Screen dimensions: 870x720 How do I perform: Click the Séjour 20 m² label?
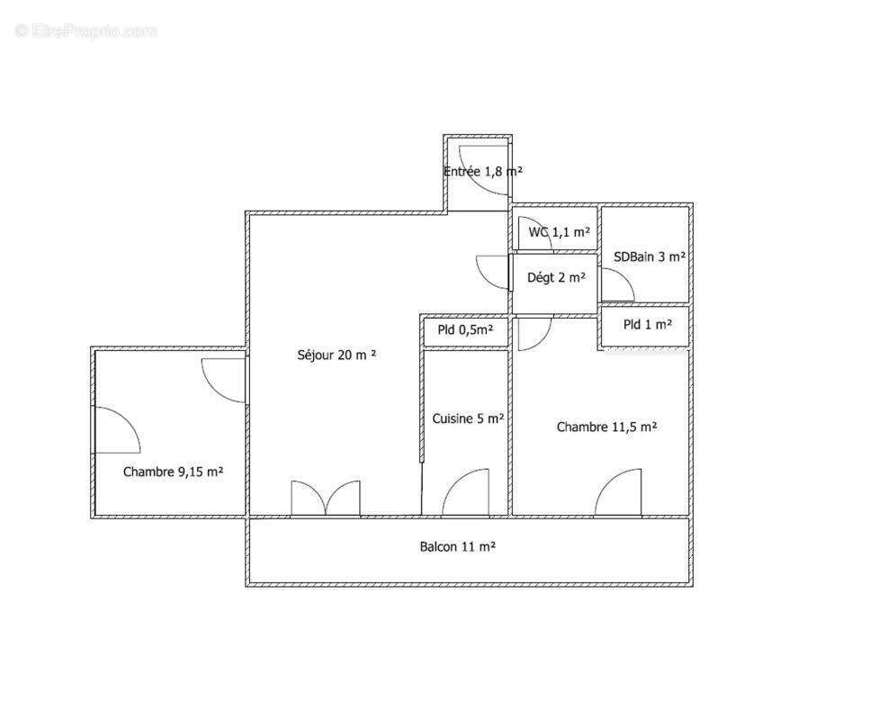tap(336, 355)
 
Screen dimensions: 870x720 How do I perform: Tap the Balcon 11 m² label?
tap(458, 547)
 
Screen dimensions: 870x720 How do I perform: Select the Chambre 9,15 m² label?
tap(173, 472)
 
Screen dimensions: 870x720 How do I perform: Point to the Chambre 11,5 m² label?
tap(607, 427)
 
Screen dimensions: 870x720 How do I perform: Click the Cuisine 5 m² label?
tap(468, 418)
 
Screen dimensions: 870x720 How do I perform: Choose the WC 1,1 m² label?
tap(559, 232)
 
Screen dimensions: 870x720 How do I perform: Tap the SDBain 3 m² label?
tap(650, 257)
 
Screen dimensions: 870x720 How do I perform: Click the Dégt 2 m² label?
tap(556, 277)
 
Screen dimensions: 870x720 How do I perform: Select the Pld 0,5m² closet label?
tap(465, 329)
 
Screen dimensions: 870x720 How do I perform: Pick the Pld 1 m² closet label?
tap(648, 324)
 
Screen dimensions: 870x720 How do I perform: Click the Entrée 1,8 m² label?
tap(483, 172)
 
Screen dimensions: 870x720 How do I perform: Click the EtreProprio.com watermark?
tap(86, 31)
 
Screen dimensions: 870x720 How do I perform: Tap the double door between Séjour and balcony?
tap(326, 499)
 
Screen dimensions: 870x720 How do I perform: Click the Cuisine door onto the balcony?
tap(465, 493)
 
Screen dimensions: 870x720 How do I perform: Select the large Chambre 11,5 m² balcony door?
tap(618, 493)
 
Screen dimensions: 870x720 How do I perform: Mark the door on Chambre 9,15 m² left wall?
tap(117, 429)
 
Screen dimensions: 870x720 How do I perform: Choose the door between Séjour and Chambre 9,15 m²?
tap(224, 381)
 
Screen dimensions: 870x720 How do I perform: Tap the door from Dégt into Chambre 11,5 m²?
tap(535, 334)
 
